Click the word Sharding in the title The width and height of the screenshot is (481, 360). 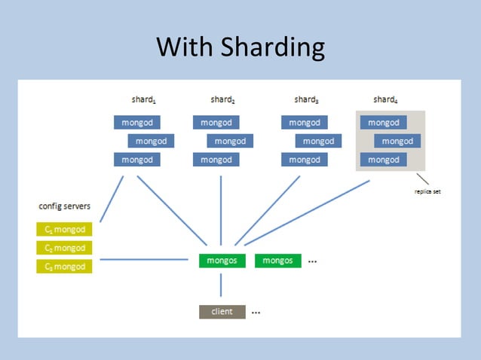272,48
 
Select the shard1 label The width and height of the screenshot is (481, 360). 144,99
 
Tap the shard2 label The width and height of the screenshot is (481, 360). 223,99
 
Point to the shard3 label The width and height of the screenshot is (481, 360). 306,99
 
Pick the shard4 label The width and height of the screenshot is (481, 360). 385,99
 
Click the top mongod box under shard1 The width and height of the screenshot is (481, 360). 136,122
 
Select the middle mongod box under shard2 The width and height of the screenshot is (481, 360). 230,141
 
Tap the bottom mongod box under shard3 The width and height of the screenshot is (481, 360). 305,160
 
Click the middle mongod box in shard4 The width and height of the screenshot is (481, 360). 397,141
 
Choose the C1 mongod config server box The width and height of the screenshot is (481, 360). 64,229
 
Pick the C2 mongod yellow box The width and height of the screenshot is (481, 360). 64,248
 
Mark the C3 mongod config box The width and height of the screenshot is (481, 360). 64,266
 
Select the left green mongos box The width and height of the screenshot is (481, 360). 222,261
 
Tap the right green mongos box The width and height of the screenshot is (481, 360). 278,261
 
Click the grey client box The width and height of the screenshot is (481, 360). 222,312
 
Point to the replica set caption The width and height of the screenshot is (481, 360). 427,192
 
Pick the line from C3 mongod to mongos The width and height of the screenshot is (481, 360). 143,260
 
